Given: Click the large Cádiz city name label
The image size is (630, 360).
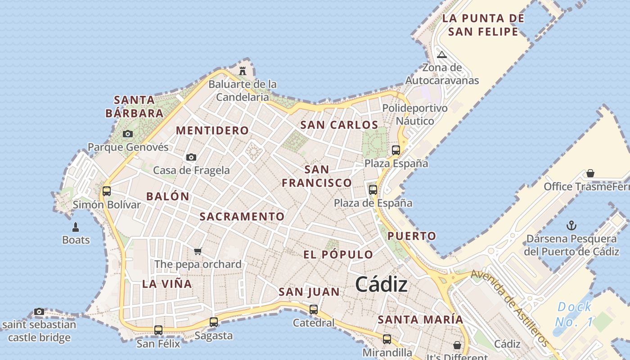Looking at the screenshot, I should coord(381,284).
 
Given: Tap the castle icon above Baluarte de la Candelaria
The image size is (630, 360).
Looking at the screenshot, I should coord(243,71).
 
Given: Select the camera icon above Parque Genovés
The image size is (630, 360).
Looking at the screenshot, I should coord(128,134).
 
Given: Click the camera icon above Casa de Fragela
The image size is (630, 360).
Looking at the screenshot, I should coord(191,157).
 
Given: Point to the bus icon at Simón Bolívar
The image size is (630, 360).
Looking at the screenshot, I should coord(107,191).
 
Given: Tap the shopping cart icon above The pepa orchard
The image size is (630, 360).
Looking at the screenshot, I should coord(198,251).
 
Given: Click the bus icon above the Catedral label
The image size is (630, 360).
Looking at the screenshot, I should coord(314,309).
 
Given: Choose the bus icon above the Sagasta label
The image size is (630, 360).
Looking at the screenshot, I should coord(214,322).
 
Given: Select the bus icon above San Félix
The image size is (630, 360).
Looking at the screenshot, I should coord(158,330).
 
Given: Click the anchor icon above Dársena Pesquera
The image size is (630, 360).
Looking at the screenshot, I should coord(571,225).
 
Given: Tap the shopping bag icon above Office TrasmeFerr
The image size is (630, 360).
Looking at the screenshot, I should coord(590,173).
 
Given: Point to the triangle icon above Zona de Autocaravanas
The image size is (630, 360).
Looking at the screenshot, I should coord(441,55).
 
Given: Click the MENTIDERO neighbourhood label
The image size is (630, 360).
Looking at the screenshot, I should coord(212,130).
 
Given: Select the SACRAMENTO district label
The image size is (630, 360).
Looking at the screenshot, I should coord(242,216).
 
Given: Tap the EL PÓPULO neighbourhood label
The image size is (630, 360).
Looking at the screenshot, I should coord(338,254).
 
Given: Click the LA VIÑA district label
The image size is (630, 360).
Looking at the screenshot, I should coord(167,284).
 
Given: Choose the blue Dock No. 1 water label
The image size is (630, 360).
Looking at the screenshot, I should coord(574,314).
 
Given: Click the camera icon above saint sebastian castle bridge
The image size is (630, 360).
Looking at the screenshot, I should coord(39,311).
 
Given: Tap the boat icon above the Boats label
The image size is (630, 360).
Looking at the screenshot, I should coord(76,227).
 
